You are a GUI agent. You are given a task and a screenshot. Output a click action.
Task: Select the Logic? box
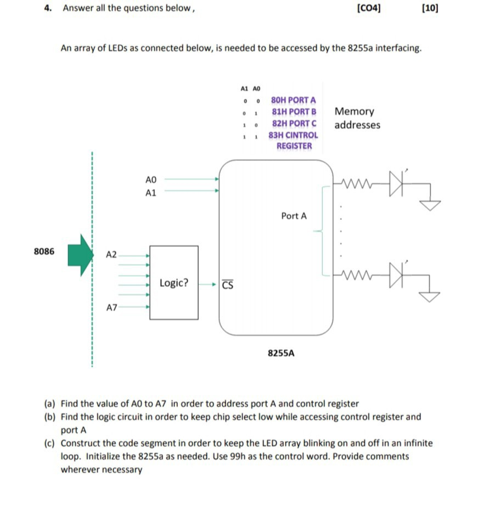coord(174,283)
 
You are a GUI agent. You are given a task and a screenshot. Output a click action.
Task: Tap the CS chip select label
coord(228,285)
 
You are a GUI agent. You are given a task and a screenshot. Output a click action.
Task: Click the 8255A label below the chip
coord(281,353)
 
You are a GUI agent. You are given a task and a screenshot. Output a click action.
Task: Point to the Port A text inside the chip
coord(294,216)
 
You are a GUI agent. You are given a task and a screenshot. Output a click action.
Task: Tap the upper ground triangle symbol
coord(430,205)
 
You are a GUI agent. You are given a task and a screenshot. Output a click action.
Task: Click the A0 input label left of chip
coord(151,179)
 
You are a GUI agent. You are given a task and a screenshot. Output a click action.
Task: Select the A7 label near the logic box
coord(111,308)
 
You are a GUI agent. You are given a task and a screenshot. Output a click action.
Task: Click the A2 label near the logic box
coord(111,255)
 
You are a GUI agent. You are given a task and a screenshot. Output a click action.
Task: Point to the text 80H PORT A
coord(294,100)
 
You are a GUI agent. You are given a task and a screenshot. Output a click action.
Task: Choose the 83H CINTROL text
coord(293,134)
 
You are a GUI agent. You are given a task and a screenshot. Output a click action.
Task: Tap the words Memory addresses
coord(357,118)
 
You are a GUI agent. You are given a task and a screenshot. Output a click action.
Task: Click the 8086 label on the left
coord(44,251)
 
